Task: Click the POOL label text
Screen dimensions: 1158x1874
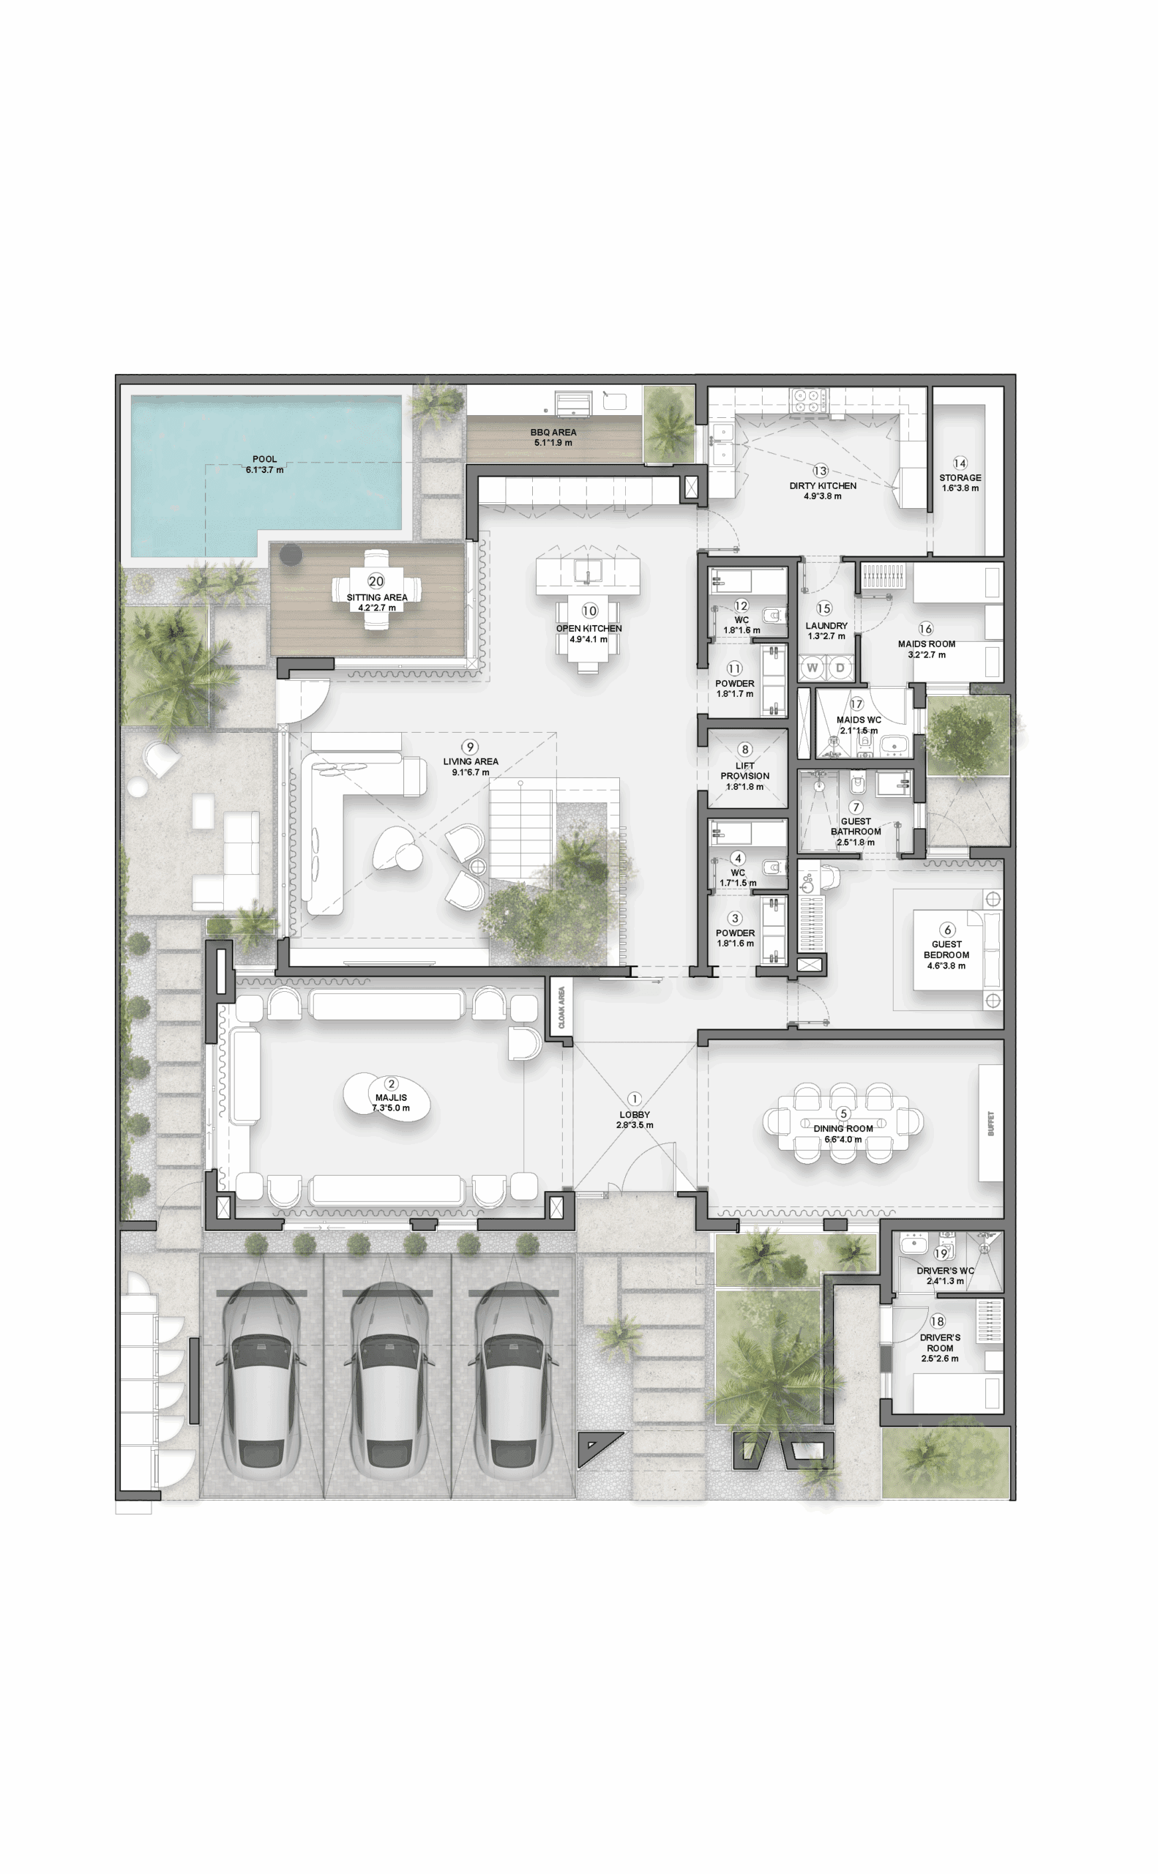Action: click(x=265, y=459)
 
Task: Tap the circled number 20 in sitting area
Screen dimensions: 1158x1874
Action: click(x=376, y=581)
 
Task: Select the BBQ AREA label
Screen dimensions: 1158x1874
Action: click(x=553, y=432)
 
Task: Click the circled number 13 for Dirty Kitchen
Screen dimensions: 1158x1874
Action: click(x=821, y=471)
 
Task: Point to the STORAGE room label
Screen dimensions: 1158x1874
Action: click(x=960, y=477)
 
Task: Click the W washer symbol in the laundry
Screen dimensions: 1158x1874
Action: click(x=812, y=668)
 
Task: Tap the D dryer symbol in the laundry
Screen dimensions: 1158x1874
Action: click(x=840, y=668)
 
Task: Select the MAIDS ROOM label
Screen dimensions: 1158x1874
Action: click(x=927, y=644)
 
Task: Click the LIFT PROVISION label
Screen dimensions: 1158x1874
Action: click(x=744, y=770)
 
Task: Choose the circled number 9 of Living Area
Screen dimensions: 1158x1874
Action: click(x=470, y=747)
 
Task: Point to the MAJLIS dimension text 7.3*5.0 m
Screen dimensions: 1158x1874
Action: click(x=391, y=1108)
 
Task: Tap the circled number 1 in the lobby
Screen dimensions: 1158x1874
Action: click(x=634, y=1099)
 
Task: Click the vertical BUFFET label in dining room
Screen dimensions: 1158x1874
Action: click(x=990, y=1124)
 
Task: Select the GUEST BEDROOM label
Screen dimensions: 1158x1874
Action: click(x=946, y=949)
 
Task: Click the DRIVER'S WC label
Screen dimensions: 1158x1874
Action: click(x=945, y=1271)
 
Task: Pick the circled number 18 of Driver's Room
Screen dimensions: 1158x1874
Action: click(x=938, y=1321)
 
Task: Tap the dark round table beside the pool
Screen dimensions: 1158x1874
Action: click(x=291, y=555)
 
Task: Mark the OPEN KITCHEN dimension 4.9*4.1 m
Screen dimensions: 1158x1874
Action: click(x=589, y=640)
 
